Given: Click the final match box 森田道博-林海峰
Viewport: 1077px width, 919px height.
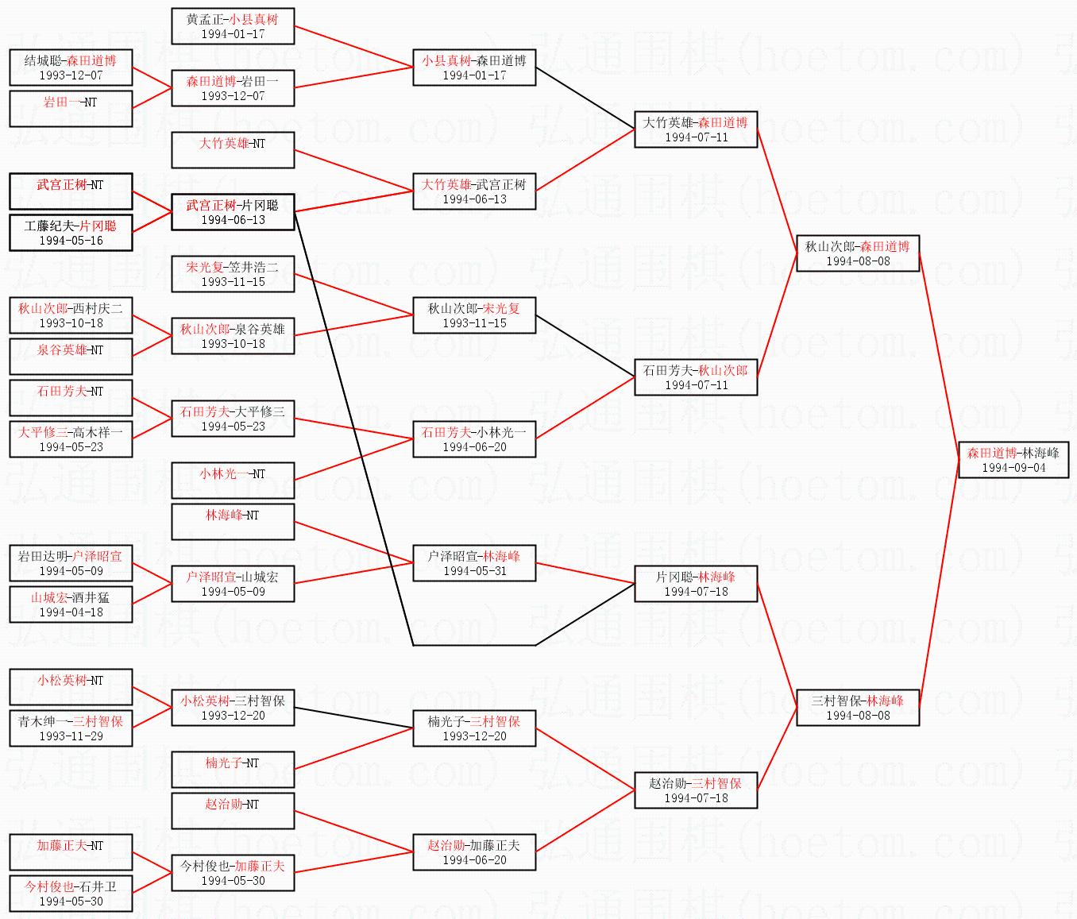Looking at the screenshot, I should click(x=1013, y=460).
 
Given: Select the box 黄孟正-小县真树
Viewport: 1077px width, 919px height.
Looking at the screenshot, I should click(x=233, y=26).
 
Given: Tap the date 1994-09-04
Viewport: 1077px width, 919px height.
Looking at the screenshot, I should click(x=1013, y=468).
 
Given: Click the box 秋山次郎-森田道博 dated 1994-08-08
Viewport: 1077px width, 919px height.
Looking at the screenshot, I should click(x=858, y=253).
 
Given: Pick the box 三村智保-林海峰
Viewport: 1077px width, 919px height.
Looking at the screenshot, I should click(x=858, y=708).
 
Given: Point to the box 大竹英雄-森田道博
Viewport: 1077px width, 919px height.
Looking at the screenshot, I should click(x=696, y=129).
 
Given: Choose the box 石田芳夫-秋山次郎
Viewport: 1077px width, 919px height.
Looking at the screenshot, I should click(x=696, y=377).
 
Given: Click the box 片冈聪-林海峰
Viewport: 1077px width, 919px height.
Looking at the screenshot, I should click(x=696, y=584).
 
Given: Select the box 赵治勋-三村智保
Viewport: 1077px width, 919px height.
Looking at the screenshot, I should click(x=696, y=790).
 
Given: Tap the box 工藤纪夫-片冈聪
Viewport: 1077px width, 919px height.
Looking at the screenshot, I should click(x=71, y=233).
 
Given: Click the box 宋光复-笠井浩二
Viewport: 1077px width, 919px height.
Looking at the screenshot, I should click(x=233, y=274).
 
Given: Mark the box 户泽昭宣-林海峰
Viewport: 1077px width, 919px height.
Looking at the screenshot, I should click(x=474, y=563).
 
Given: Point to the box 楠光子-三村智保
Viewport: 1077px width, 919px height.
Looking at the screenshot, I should click(x=474, y=728).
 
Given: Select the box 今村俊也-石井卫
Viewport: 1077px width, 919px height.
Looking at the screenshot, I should click(x=71, y=894).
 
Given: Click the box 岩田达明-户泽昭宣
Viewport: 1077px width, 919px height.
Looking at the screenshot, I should click(x=71, y=563).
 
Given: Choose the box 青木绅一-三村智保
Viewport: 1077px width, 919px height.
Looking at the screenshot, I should click(x=71, y=728).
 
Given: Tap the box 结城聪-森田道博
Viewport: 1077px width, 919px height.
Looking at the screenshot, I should click(x=71, y=68).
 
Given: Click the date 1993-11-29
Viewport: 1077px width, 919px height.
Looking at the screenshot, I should click(x=71, y=736).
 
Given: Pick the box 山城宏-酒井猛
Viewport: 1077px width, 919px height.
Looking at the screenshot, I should click(x=71, y=604).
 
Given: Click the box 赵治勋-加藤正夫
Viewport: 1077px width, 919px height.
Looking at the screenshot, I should click(x=474, y=852).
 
